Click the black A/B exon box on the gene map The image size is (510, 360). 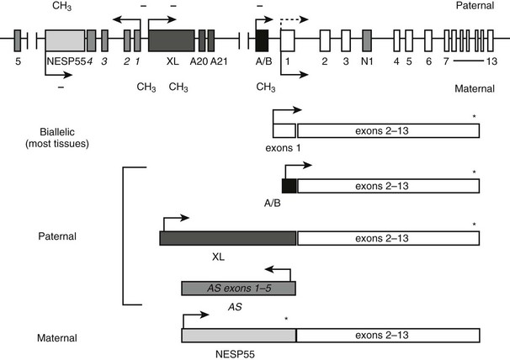point(263,40)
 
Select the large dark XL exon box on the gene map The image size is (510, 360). point(172,40)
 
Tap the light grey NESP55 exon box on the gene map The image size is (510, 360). point(65,40)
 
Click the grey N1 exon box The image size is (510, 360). point(367,40)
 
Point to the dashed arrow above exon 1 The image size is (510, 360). point(294,20)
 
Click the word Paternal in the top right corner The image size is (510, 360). point(475,6)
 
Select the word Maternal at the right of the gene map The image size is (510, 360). point(475,88)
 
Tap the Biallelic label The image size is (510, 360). point(57,132)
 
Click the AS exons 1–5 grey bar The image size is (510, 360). point(238,289)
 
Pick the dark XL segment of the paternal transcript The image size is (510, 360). point(228,238)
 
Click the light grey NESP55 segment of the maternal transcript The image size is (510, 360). point(239,336)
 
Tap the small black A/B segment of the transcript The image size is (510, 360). point(290,186)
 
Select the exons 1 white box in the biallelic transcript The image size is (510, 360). point(284,130)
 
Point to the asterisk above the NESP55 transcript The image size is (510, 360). point(286,319)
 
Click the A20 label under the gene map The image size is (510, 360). point(199,61)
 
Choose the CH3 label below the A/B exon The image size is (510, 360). point(266,87)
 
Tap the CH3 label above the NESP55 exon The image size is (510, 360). point(61,6)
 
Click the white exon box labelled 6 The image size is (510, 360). point(428,40)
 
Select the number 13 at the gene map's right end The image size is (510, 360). point(491,61)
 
